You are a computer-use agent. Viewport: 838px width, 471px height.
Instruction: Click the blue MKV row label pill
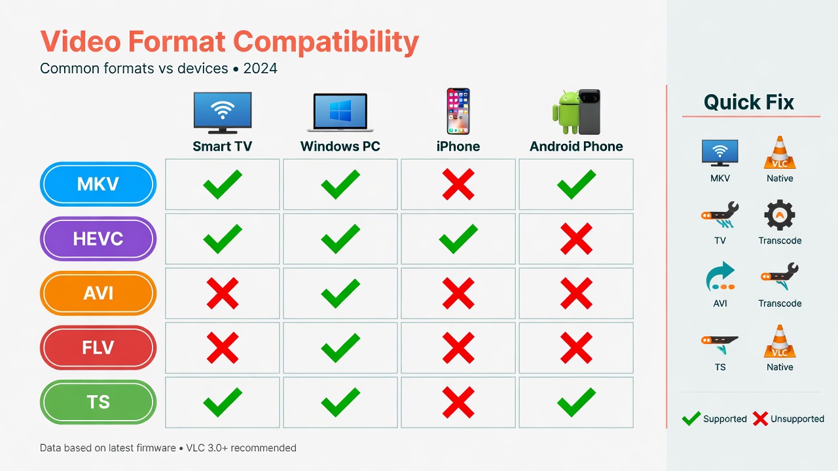coord(98,184)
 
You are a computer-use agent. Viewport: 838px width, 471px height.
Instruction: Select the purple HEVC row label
coord(98,239)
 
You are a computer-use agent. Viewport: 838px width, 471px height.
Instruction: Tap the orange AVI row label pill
coord(98,293)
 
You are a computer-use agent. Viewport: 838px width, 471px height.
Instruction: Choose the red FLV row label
coord(98,347)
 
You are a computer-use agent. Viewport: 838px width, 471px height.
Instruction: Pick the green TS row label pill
coord(98,402)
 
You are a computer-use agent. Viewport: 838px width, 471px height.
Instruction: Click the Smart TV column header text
coord(222,147)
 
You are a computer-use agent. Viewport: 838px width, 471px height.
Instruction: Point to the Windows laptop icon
coord(340,113)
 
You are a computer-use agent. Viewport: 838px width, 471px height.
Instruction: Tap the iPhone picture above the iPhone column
coord(458,112)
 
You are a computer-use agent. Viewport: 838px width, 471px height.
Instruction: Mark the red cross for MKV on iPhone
coord(458,184)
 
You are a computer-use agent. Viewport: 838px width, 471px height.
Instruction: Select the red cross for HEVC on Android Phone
coord(576,239)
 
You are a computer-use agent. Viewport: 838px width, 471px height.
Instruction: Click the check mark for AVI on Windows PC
coord(340,293)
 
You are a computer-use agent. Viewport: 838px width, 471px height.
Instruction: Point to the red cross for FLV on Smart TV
coord(223,347)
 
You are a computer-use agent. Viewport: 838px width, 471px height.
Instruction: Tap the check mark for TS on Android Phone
coord(576,402)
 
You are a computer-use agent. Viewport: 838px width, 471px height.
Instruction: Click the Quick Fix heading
coord(749,102)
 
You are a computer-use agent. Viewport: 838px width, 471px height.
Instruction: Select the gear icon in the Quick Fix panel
coord(780,215)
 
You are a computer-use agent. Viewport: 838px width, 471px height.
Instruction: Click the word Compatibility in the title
coord(326,42)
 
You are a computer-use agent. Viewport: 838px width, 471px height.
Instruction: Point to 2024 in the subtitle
coord(261,68)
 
